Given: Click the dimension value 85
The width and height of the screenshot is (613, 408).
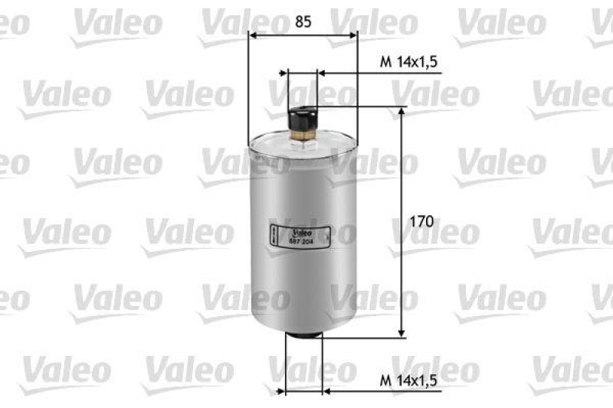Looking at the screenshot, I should click(303, 22).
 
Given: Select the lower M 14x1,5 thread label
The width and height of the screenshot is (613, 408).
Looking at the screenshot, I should click(409, 379).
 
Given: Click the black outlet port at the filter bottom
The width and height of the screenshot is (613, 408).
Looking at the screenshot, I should click(302, 338).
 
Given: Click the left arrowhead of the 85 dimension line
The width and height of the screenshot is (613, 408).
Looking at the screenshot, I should click(254, 34).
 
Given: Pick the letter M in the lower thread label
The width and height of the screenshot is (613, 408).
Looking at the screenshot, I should click(386, 379).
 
